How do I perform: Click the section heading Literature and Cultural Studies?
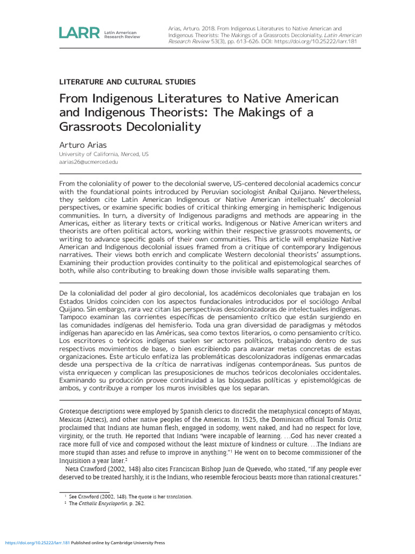(126, 82)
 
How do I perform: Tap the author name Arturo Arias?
(83, 145)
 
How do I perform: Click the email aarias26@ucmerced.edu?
(89, 162)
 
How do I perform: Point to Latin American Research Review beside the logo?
(121, 35)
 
